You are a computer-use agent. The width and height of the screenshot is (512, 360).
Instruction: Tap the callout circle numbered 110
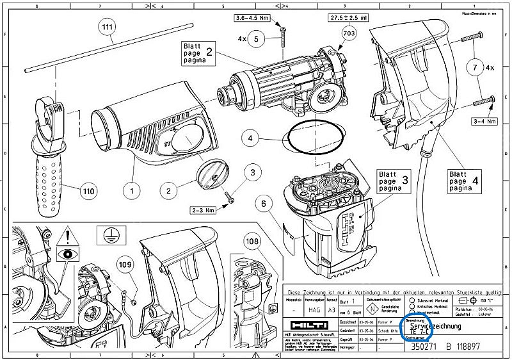pos(88,190)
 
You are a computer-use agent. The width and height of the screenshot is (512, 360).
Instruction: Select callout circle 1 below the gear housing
pos(132,190)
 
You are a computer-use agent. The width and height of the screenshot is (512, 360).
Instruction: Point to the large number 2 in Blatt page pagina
pos(209,54)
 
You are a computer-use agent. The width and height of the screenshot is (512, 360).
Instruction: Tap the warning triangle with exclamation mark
pos(67,239)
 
